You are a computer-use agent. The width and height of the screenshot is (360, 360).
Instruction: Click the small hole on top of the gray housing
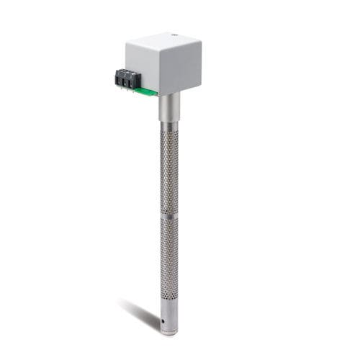[174, 34]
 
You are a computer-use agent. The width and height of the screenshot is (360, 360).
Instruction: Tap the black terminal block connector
[126, 78]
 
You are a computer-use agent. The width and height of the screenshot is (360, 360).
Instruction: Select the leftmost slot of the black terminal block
[120, 75]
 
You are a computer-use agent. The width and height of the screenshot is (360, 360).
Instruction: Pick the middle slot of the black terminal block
[126, 78]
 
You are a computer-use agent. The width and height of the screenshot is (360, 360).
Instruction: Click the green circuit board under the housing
[148, 90]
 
